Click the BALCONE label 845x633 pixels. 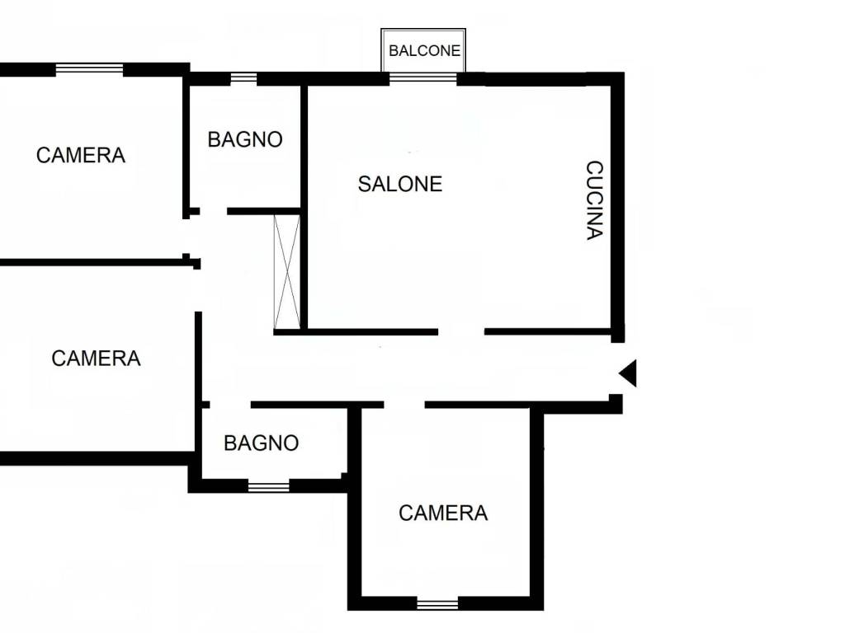click(425, 50)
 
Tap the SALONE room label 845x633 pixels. click(400, 184)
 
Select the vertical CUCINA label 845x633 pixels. click(594, 199)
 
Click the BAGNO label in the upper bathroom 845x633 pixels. click(245, 139)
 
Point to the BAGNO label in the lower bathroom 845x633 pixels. click(262, 443)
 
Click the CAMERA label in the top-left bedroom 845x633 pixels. click(81, 156)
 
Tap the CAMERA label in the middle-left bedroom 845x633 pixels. click(96, 359)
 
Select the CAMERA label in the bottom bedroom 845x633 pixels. click(443, 513)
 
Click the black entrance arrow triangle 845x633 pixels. click(628, 373)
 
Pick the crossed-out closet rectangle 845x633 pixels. click(286, 272)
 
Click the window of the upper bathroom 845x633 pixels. click(243, 78)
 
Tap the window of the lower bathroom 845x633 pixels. click(268, 487)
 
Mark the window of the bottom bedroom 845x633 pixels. click(437, 604)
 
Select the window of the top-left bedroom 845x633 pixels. click(89, 69)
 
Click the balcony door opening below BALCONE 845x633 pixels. click(423, 78)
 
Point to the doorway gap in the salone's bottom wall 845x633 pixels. click(461, 332)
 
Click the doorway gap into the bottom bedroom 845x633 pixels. click(404, 405)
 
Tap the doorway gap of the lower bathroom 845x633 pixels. click(230, 405)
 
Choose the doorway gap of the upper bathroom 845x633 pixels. click(214, 212)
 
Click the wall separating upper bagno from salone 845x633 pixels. click(304, 207)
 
